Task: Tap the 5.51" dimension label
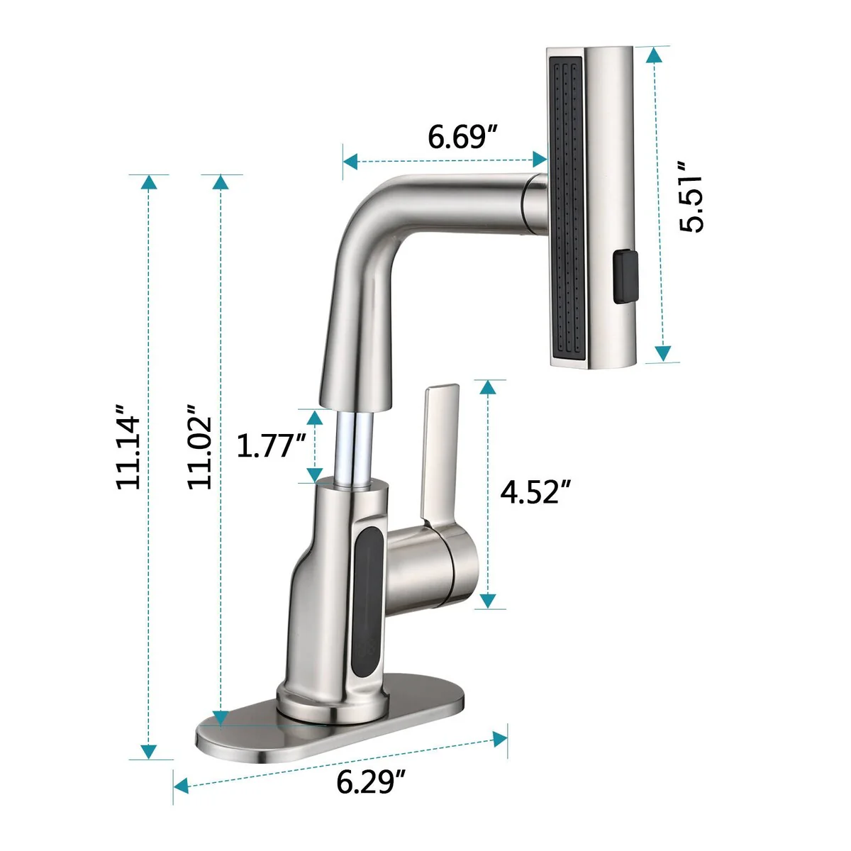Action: pyautogui.click(x=691, y=196)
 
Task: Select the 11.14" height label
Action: pyautogui.click(x=128, y=447)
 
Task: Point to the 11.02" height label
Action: pyautogui.click(x=200, y=447)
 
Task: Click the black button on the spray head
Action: pyautogui.click(x=625, y=277)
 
